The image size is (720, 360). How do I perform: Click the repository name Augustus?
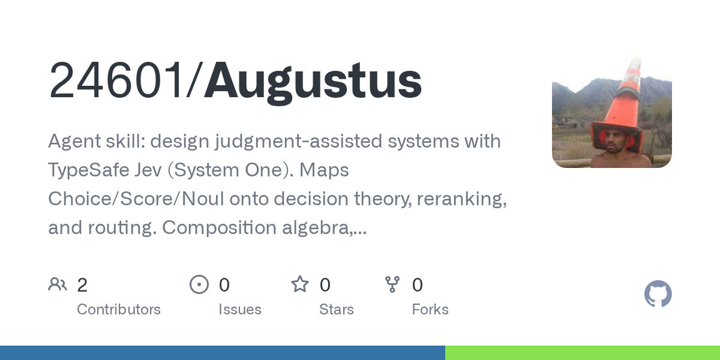(x=313, y=82)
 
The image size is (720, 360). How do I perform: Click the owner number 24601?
(x=116, y=80)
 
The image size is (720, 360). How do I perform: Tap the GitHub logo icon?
(x=658, y=294)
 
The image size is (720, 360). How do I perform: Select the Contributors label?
(x=119, y=310)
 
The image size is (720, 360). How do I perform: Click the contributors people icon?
(x=58, y=284)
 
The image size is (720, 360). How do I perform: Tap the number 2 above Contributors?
(x=82, y=285)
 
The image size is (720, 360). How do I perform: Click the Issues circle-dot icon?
(x=199, y=284)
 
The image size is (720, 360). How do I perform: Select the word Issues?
(x=240, y=310)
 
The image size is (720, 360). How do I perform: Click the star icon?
(x=300, y=284)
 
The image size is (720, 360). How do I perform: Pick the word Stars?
(x=337, y=310)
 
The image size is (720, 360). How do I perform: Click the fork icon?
(x=392, y=284)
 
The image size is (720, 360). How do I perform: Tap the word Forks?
(x=430, y=310)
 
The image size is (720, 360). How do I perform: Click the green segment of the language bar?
(x=583, y=353)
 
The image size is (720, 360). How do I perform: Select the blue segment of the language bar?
(x=223, y=353)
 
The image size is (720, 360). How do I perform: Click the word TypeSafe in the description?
(x=88, y=170)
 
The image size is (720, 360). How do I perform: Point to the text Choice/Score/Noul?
(x=136, y=199)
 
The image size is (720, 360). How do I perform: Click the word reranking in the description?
(x=461, y=199)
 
